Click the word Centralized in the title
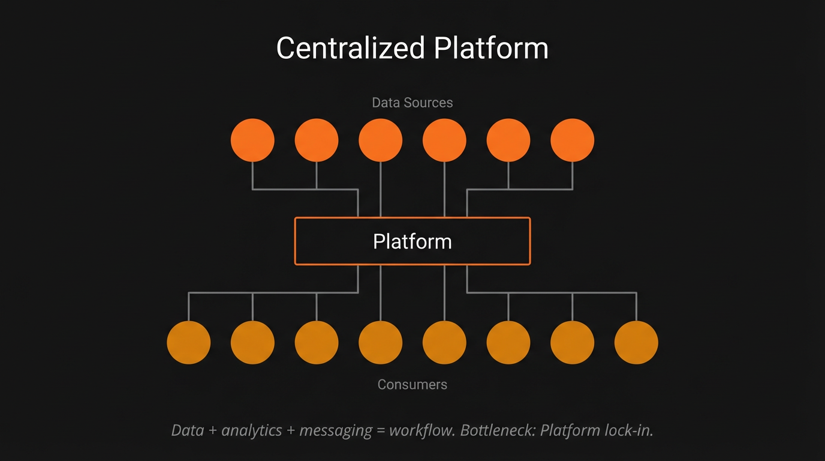(350, 48)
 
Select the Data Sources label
(412, 103)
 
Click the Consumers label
(412, 384)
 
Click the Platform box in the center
(412, 241)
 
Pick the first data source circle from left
(252, 140)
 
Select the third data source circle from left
(381, 140)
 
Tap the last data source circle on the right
(573, 140)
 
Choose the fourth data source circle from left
(444, 140)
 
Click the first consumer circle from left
(189, 342)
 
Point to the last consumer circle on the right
(636, 342)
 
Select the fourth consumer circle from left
(381, 342)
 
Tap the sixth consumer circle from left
(508, 342)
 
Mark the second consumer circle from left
(252, 342)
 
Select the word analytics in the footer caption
(252, 430)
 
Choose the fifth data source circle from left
(508, 140)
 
